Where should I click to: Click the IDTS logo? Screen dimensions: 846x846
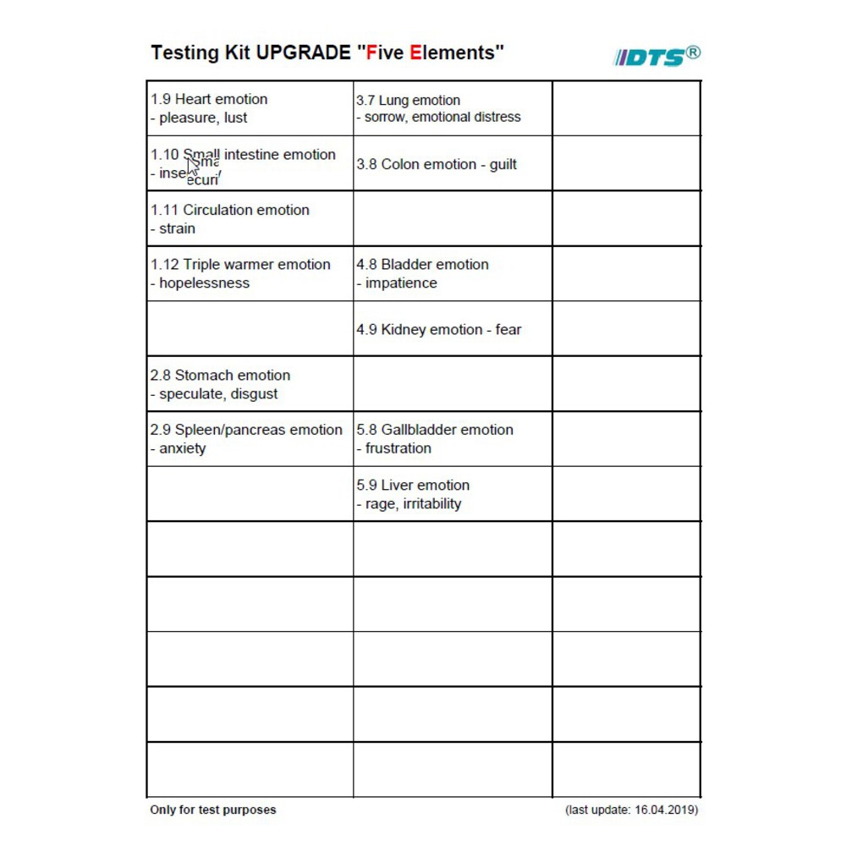pos(656,56)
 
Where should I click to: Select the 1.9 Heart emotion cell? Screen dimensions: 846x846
pos(250,108)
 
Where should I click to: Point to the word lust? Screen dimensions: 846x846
pos(235,118)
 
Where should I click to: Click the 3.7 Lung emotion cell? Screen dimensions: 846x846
pos(453,108)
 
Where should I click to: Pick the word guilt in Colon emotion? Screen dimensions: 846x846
pos(503,164)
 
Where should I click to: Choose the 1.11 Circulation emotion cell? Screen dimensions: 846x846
pos(250,218)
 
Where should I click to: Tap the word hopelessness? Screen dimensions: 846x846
pos(205,283)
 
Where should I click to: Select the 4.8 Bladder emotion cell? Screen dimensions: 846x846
pos(453,273)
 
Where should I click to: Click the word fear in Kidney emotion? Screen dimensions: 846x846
pos(508,330)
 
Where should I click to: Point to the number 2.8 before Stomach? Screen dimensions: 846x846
pos(161,376)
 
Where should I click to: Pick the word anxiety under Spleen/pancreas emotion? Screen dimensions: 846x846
pos(183,449)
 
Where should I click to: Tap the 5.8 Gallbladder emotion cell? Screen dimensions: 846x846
pos(453,438)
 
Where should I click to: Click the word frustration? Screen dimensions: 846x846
pos(398,449)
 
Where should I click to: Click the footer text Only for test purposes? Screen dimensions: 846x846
pos(213,810)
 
